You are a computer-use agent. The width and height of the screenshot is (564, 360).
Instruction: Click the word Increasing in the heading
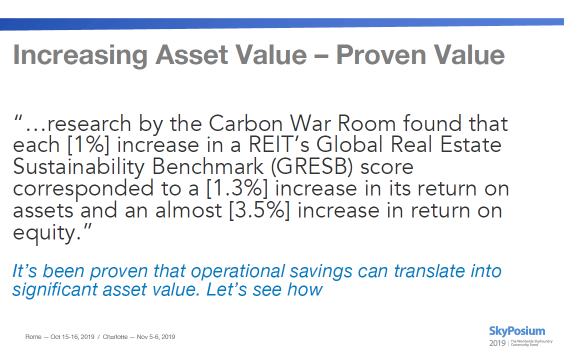[x=80, y=55]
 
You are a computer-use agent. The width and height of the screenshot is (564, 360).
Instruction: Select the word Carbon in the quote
[x=245, y=123]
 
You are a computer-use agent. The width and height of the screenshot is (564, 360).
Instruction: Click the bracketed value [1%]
[x=88, y=145]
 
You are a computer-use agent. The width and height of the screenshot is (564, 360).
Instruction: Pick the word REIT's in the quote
[x=279, y=144]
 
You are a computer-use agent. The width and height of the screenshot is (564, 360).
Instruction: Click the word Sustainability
[x=78, y=167]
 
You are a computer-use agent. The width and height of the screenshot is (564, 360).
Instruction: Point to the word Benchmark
[x=207, y=166]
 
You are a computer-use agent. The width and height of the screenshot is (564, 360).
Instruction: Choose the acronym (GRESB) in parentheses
[x=312, y=167]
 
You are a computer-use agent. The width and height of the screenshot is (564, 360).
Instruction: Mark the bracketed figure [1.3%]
[x=237, y=188]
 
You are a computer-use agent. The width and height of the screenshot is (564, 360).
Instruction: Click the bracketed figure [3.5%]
[x=259, y=210]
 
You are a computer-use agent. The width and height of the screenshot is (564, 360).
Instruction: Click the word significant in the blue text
[x=54, y=290]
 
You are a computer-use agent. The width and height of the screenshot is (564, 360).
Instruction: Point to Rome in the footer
[x=33, y=337]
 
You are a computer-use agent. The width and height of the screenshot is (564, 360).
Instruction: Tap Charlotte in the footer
[x=115, y=337]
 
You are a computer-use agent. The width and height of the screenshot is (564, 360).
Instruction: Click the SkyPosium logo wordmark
[x=517, y=331]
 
